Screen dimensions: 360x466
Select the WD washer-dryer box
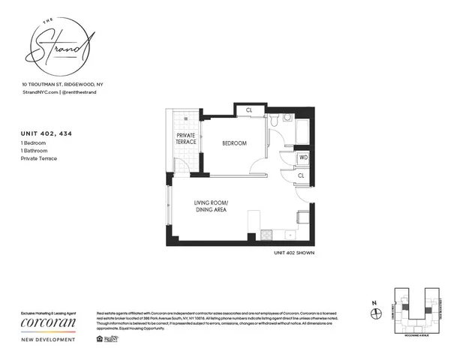[302, 158]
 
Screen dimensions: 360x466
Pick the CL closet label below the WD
[301, 175]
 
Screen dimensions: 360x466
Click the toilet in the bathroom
[276, 121]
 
